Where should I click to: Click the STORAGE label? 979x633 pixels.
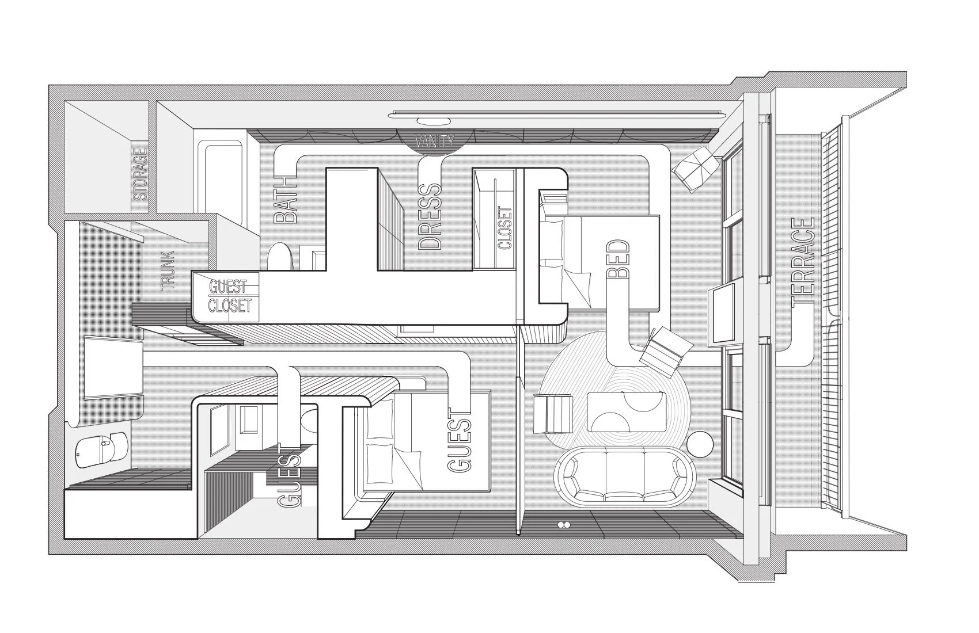tap(141, 174)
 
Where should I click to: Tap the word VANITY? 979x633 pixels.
tap(434, 140)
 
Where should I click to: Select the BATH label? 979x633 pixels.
tap(285, 200)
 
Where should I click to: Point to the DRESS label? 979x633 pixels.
tap(430, 216)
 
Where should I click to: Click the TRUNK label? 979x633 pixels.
tap(168, 270)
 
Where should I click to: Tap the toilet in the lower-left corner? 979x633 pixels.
tap(98, 449)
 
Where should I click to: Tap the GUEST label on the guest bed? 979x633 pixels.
tap(460, 441)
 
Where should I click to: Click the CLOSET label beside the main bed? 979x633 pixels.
tap(504, 228)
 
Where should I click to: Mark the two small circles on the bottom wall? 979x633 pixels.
tap(563, 525)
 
